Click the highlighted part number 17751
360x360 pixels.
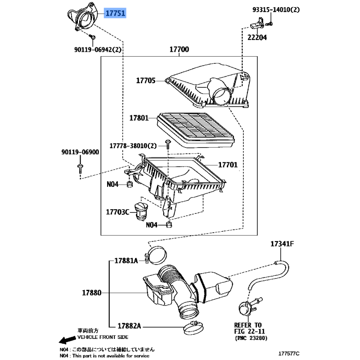(116, 13)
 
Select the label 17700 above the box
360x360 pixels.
(179, 49)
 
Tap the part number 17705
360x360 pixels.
(146, 81)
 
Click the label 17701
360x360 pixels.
(228, 165)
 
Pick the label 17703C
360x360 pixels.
(117, 212)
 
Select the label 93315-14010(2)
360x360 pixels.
(276, 9)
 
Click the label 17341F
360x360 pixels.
(282, 243)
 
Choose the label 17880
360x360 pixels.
(92, 293)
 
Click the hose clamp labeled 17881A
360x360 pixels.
(156, 255)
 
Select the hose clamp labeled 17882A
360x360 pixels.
(193, 328)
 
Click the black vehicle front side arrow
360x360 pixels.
(67, 340)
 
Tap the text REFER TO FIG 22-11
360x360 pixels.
(249, 328)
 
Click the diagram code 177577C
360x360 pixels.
(289, 354)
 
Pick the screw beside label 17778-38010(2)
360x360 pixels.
(168, 144)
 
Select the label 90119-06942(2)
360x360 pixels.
(98, 49)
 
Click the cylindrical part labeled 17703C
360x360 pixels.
(141, 211)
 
